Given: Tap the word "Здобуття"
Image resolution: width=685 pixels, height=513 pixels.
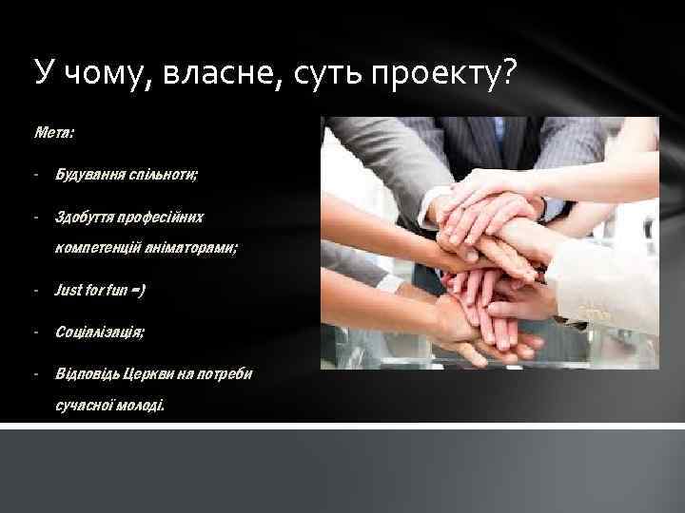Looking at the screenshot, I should tap(85, 218).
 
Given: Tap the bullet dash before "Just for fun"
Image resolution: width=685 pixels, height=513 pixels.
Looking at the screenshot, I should tap(34, 290).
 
